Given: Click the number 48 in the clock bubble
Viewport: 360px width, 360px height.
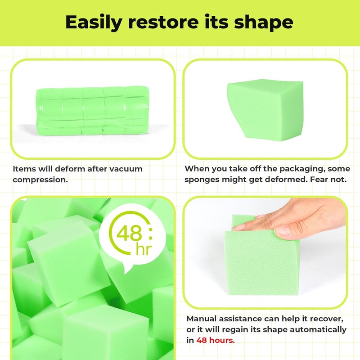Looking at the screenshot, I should tap(130, 234).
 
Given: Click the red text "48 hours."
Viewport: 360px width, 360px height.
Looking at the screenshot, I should tap(216, 340).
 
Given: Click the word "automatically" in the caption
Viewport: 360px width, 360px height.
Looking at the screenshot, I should tap(318, 329).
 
